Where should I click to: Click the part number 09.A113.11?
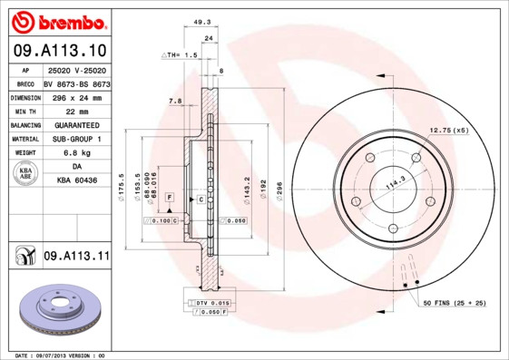click(x=76, y=257)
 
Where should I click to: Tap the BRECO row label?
click(x=24, y=83)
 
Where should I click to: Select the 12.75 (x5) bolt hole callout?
click(x=449, y=131)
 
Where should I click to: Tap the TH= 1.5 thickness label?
click(x=181, y=55)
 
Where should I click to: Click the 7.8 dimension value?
click(x=175, y=101)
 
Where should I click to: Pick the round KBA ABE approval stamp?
click(x=25, y=174)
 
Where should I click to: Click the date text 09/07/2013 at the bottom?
click(x=61, y=355)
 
